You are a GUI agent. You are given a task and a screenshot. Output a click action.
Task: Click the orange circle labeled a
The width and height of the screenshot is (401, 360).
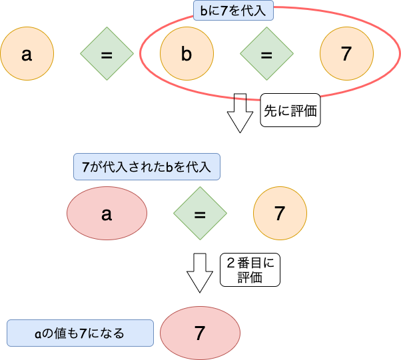tap(27, 55)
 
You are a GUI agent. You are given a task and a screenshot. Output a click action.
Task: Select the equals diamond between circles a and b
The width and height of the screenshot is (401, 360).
tap(107, 55)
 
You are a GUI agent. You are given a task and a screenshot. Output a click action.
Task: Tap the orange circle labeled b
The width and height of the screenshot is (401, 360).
tap(187, 55)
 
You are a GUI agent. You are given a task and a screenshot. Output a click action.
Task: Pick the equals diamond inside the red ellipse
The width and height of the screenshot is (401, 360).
tap(266, 55)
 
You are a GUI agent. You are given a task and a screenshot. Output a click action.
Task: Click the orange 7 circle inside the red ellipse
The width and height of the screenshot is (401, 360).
tap(346, 55)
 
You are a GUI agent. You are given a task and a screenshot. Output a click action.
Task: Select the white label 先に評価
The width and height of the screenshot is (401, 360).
tap(290, 112)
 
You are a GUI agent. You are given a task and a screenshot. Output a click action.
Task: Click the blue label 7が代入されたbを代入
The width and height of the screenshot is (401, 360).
tap(147, 167)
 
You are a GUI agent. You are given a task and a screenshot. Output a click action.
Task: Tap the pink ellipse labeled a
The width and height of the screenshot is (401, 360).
tap(107, 214)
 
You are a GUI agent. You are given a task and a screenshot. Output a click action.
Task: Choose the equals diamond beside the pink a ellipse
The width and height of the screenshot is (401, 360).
tap(200, 214)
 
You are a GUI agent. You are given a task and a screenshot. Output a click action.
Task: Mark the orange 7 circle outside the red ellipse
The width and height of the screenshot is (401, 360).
tap(280, 214)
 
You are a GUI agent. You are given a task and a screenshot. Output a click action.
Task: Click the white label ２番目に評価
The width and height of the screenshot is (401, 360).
tap(250, 270)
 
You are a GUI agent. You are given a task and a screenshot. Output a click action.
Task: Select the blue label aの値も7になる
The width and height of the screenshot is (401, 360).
tap(80, 333)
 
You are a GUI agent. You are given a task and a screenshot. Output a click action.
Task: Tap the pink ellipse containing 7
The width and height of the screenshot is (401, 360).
tap(200, 333)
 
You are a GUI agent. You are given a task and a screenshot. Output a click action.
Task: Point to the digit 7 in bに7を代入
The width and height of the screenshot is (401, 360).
tap(221, 11)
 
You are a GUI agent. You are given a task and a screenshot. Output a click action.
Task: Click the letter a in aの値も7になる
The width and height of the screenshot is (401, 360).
tap(38, 333)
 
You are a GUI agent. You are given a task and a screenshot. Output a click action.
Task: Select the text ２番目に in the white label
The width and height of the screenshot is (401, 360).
tap(250, 263)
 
